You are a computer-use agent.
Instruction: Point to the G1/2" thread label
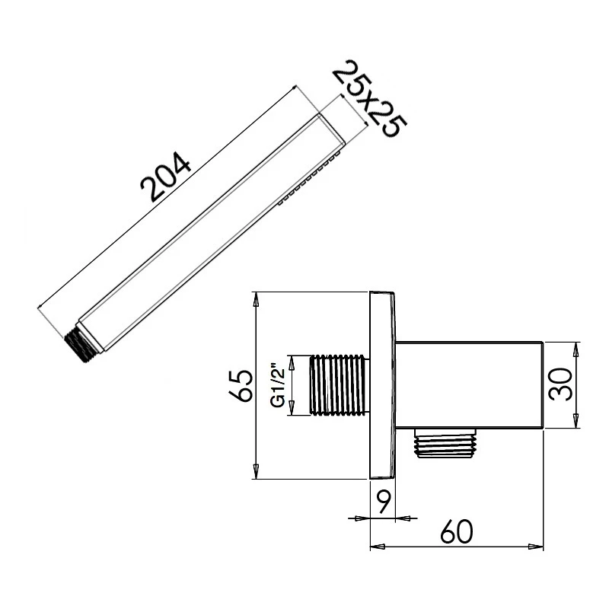[x=279, y=385]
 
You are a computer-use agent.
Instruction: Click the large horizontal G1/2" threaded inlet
[x=338, y=385]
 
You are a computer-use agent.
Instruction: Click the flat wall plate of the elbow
[x=383, y=385]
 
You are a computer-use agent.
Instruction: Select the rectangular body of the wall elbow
[x=468, y=385]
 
